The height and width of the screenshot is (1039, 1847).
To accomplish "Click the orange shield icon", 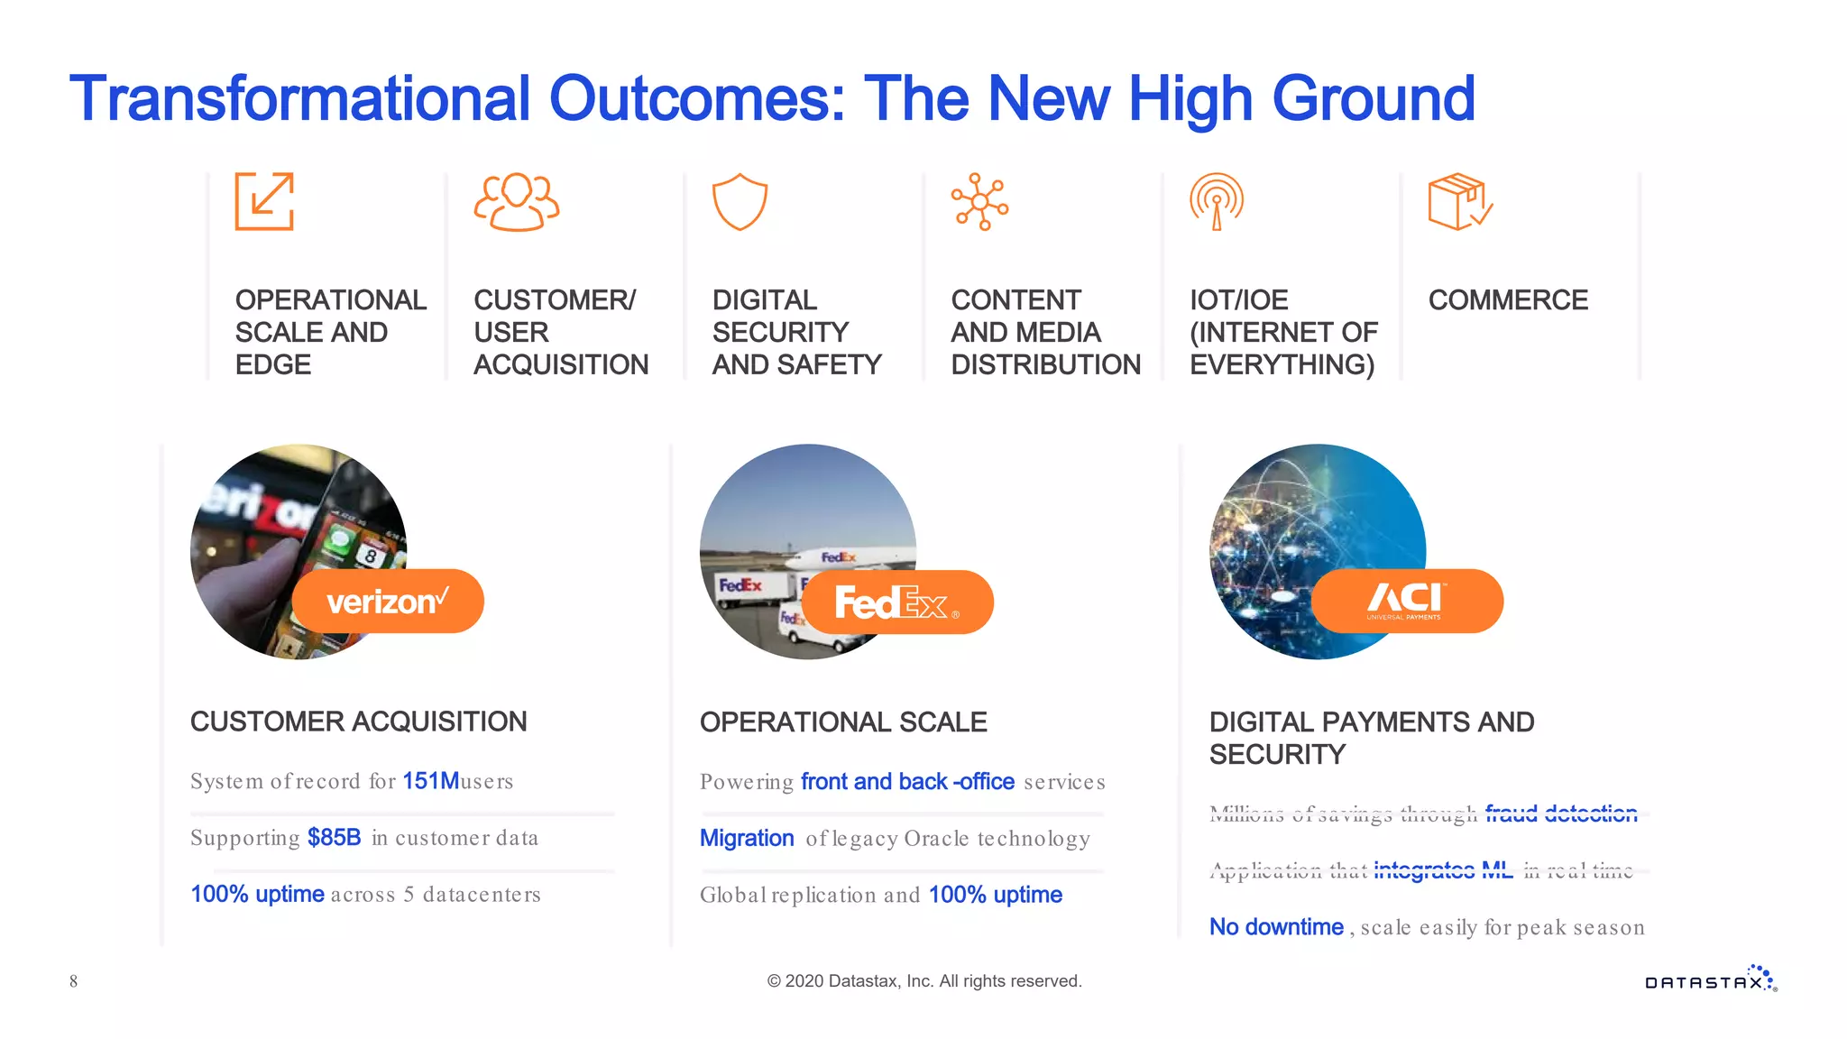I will (x=740, y=201).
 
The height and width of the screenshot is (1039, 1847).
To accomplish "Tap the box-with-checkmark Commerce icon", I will (x=1459, y=201).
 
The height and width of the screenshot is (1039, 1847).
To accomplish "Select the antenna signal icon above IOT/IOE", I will (x=1216, y=201).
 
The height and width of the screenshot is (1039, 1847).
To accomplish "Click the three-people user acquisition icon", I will (x=516, y=201).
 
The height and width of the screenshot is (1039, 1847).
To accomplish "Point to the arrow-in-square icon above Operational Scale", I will (x=264, y=201).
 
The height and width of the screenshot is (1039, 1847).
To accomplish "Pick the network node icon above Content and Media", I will (x=979, y=201).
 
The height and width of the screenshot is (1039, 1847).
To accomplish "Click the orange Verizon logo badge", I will (x=388, y=601).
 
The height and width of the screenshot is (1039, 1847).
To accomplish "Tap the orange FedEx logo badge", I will (x=897, y=602).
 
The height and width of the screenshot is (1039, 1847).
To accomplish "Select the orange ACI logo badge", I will (x=1407, y=601).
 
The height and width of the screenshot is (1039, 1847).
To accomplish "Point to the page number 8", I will (x=74, y=981).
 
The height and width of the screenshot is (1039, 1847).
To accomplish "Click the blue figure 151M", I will (x=430, y=781).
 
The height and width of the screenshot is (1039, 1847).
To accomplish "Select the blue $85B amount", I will (x=334, y=838).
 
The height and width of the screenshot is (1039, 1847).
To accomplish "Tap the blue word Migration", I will (x=747, y=839).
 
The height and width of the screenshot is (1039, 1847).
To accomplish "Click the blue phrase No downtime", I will (x=1276, y=927).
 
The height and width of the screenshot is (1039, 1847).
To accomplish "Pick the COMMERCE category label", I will (x=1508, y=300).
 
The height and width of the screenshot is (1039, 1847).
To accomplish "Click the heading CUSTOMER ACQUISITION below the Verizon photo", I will (x=358, y=722).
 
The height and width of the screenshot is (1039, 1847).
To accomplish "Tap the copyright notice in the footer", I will (x=923, y=981).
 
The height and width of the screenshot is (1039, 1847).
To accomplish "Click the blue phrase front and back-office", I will (x=907, y=782).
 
